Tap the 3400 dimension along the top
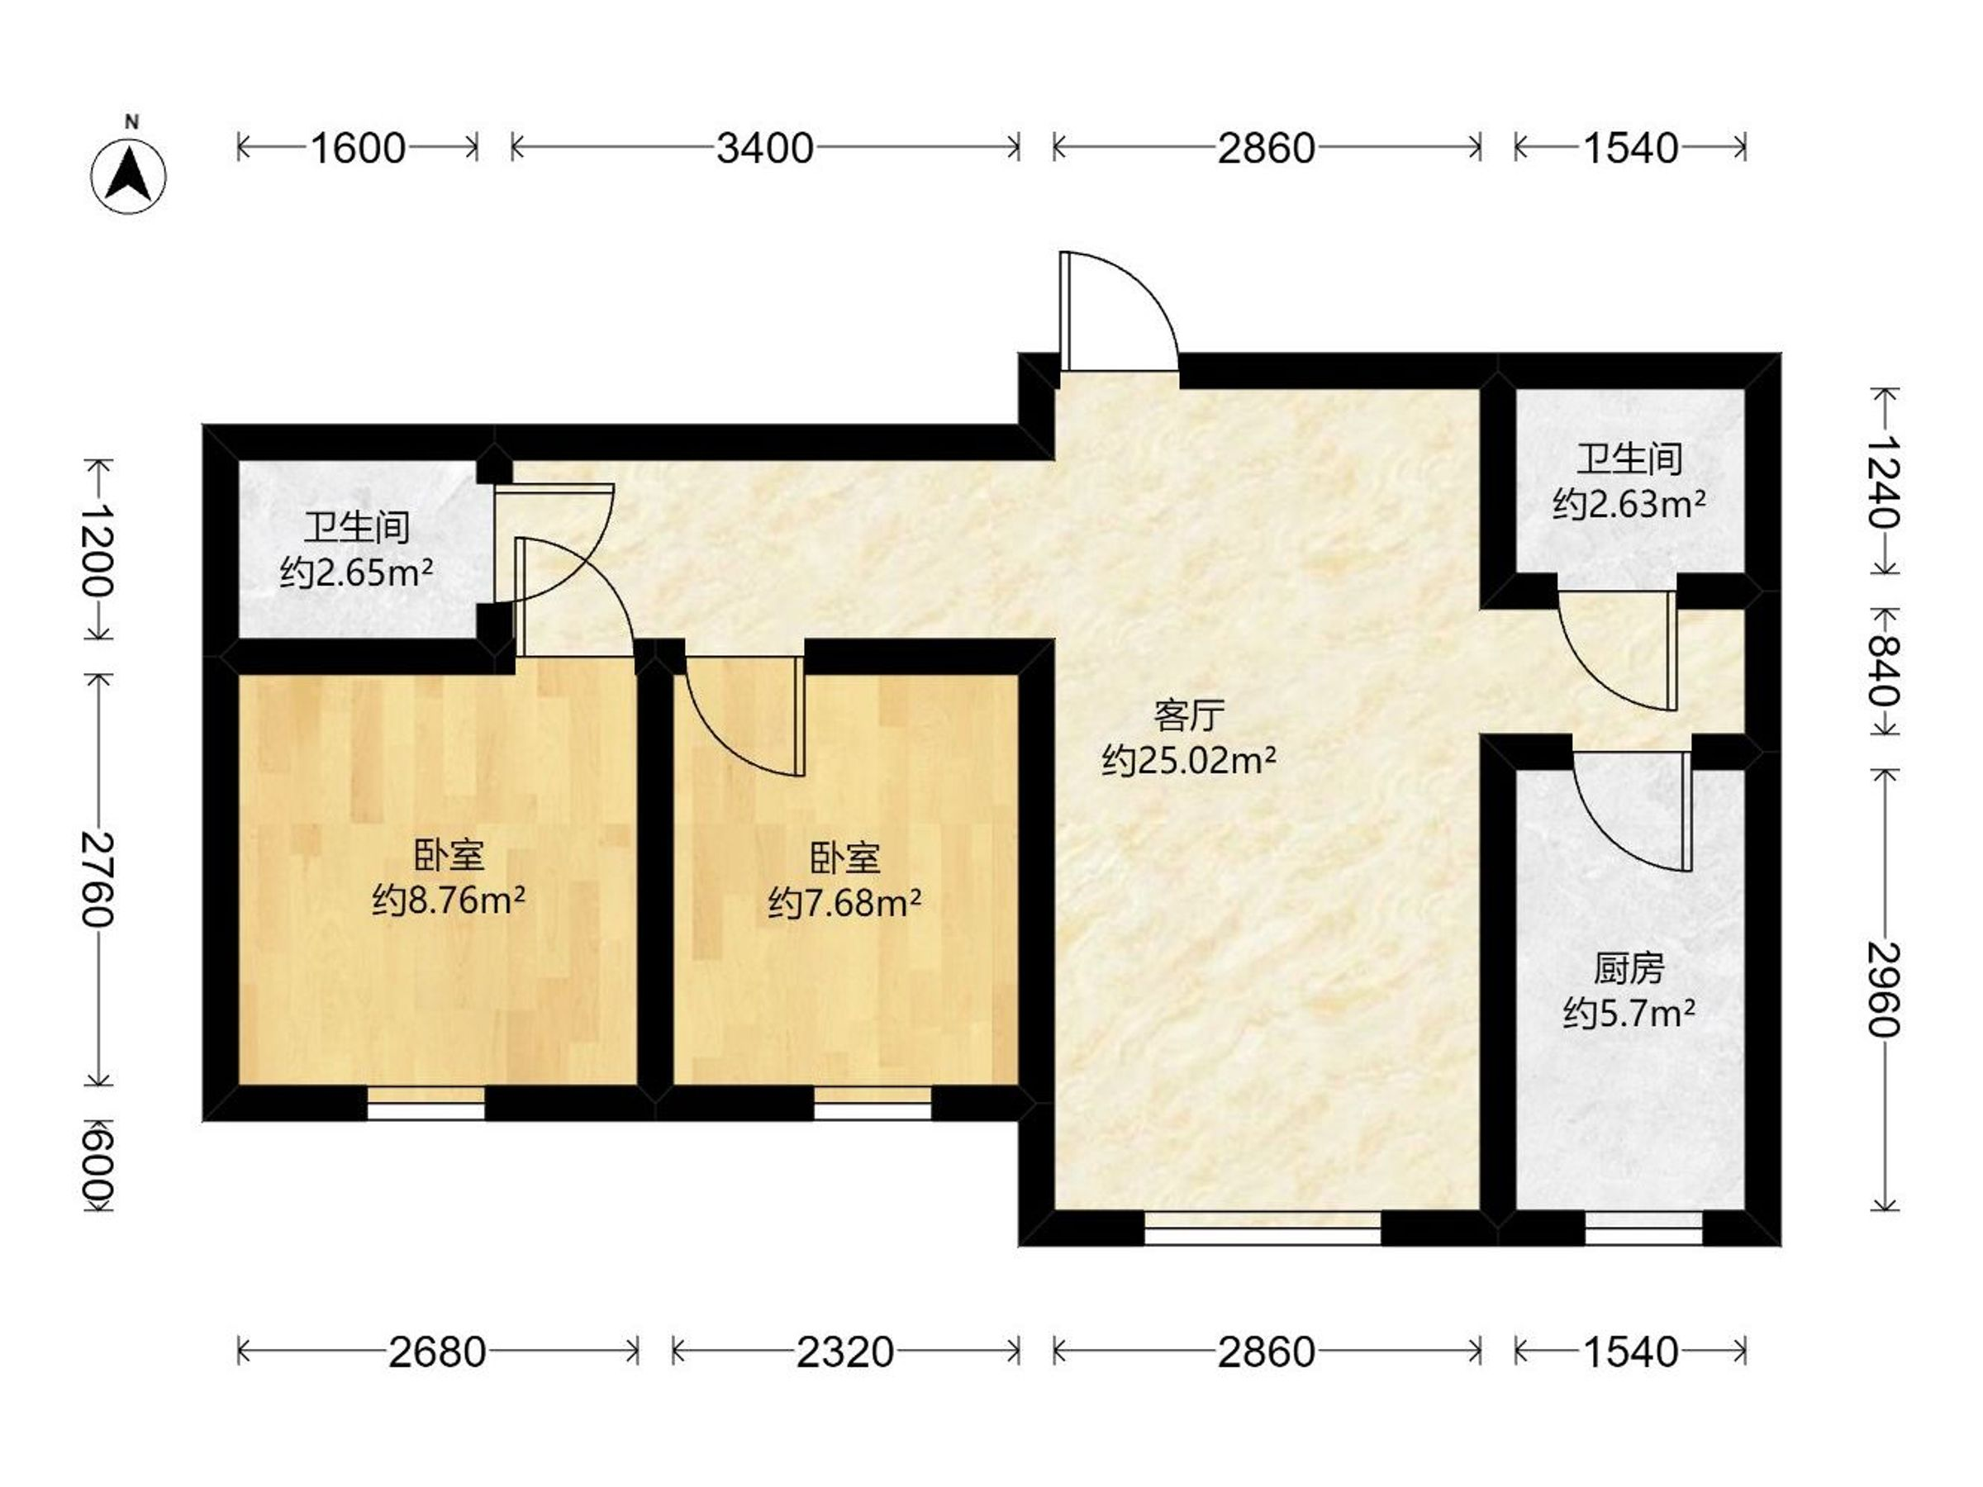[764, 148]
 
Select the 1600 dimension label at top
[358, 148]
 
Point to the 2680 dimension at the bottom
[437, 1352]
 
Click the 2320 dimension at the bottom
[845, 1352]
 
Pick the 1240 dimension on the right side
[1885, 482]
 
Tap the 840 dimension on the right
[1885, 672]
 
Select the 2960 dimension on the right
[1885, 990]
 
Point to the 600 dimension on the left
[97, 1164]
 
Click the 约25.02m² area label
[1189, 761]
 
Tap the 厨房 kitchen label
[1629, 969]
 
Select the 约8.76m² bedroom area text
[448, 900]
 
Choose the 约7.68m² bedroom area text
[844, 903]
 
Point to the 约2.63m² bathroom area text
[1629, 505]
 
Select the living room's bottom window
[1263, 1228]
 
